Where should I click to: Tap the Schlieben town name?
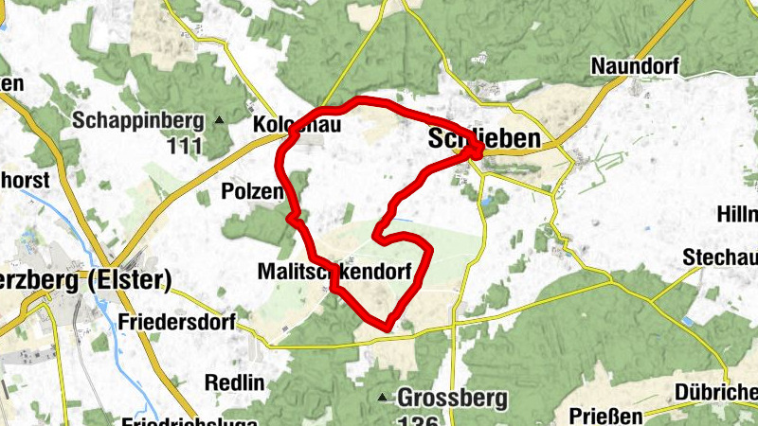pos(484,138)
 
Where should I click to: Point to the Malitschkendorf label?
pos(334,272)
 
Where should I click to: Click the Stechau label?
pos(719,257)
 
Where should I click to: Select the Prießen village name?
pos(606,416)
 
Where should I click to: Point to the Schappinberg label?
pos(139,120)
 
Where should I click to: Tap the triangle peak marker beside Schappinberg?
pos(220,120)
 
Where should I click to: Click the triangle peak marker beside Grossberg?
pos(383,398)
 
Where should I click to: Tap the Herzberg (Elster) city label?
pos(85,279)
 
